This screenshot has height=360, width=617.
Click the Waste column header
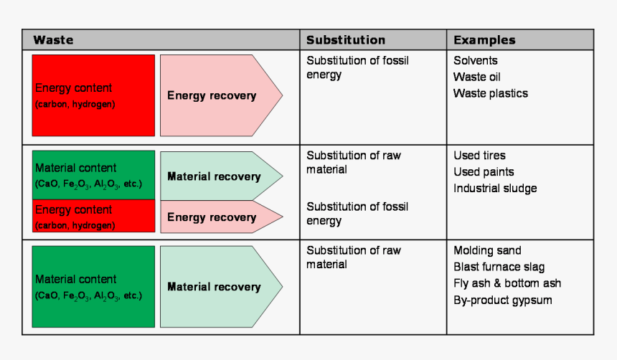53,40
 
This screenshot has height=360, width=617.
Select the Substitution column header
346,40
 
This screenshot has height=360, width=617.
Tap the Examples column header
484,40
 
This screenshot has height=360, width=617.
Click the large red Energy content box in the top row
93,95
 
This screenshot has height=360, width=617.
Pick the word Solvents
475,61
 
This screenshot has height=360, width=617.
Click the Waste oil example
477,77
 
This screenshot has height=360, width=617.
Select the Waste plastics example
490,93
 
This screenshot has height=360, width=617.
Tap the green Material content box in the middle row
93,175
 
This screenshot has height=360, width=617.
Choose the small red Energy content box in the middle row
93,216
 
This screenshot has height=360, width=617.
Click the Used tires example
479,156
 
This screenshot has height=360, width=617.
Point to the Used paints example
484,172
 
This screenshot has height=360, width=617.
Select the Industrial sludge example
495,189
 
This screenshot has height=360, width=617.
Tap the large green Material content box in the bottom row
93,286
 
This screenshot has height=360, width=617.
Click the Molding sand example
487,251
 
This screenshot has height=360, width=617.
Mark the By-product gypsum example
503,300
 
